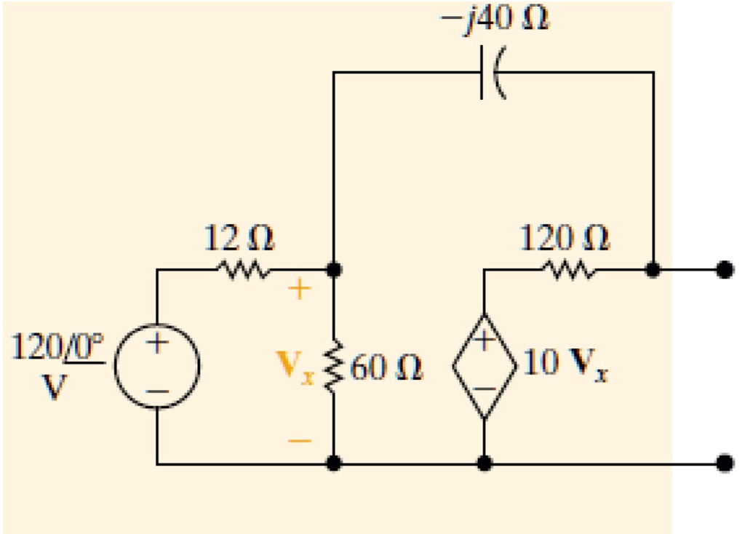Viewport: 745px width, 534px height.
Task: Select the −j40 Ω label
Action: (x=495, y=20)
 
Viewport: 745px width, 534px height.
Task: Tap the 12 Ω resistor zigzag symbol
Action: (x=243, y=271)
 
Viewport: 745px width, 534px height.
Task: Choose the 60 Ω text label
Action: (x=386, y=368)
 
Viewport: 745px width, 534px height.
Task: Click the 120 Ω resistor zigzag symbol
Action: (x=567, y=271)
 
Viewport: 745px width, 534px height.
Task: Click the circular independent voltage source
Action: (x=157, y=365)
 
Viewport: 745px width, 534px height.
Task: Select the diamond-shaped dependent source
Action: (x=484, y=367)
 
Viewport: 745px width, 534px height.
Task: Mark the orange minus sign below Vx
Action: (x=300, y=441)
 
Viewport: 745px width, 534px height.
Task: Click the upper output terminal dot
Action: (x=722, y=271)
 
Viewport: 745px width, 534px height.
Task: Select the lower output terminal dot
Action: (x=722, y=463)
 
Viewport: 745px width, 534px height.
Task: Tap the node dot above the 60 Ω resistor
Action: (x=333, y=271)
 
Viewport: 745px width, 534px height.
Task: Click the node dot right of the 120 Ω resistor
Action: (x=653, y=271)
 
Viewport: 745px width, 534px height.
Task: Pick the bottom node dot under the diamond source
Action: (x=484, y=463)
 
